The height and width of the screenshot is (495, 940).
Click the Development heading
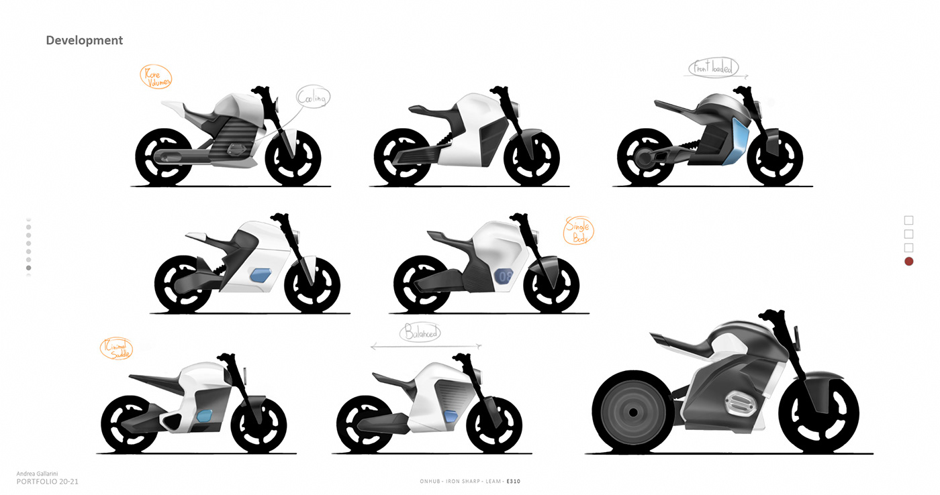click(x=84, y=40)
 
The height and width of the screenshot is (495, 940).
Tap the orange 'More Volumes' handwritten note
click(x=156, y=77)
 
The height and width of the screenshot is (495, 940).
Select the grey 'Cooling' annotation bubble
click(x=313, y=99)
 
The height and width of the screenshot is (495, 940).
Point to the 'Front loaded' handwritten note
click(x=713, y=68)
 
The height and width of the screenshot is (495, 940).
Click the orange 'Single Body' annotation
click(x=579, y=231)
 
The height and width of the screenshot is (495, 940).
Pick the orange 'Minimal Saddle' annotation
click(x=115, y=349)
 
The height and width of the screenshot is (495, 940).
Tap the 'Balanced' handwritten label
click(x=420, y=333)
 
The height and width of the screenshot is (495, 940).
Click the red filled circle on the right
click(x=908, y=262)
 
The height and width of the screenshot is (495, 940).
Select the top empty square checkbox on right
click(x=908, y=220)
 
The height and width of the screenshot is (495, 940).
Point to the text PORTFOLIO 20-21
click(x=48, y=482)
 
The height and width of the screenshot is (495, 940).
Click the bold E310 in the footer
click(x=514, y=481)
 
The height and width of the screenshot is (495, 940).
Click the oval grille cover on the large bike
click(x=733, y=407)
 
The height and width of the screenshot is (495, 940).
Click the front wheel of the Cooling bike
click(x=292, y=158)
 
